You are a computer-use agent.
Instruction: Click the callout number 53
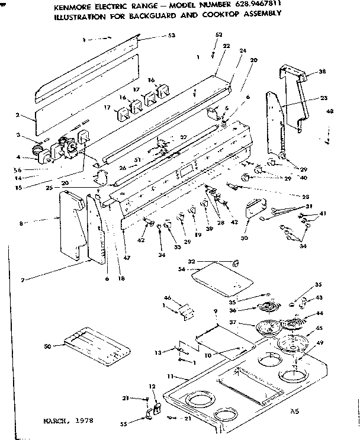(172, 36)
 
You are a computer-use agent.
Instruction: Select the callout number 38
(322, 72)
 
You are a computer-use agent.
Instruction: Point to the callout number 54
(181, 270)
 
